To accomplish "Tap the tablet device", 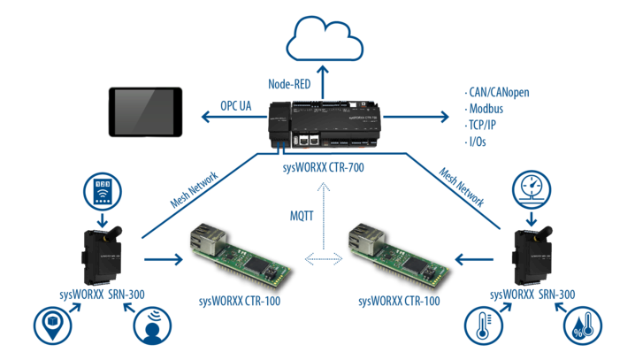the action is pos(145,111).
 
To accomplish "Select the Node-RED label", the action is pos(289,84).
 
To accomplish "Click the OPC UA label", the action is pos(236,106).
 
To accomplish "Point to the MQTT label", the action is pos(302,216).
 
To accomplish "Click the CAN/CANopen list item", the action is pos(497,92).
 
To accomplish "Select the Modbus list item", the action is pos(484,109).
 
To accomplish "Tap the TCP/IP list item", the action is pos(480,125).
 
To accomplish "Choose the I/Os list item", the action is pos(476,142).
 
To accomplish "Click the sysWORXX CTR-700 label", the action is pos(323,167).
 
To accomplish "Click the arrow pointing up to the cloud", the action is pos(323,82).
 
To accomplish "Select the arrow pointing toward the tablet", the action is pos(234,117).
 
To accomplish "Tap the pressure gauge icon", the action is pos(532,189).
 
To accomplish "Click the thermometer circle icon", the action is pos(484,326).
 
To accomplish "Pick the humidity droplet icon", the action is pos(583,326).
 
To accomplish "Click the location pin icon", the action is pos(53,326).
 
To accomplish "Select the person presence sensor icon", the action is pos(152,326).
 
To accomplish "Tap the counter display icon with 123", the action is pos(103,192).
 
